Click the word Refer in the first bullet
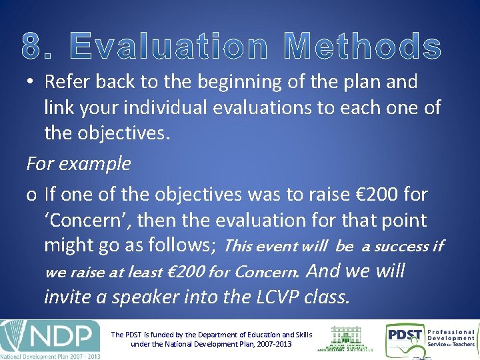tap(67, 82)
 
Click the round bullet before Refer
tap(31, 83)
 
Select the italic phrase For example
tap(79, 163)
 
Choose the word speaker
tap(145, 297)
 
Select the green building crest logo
tap(351, 338)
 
